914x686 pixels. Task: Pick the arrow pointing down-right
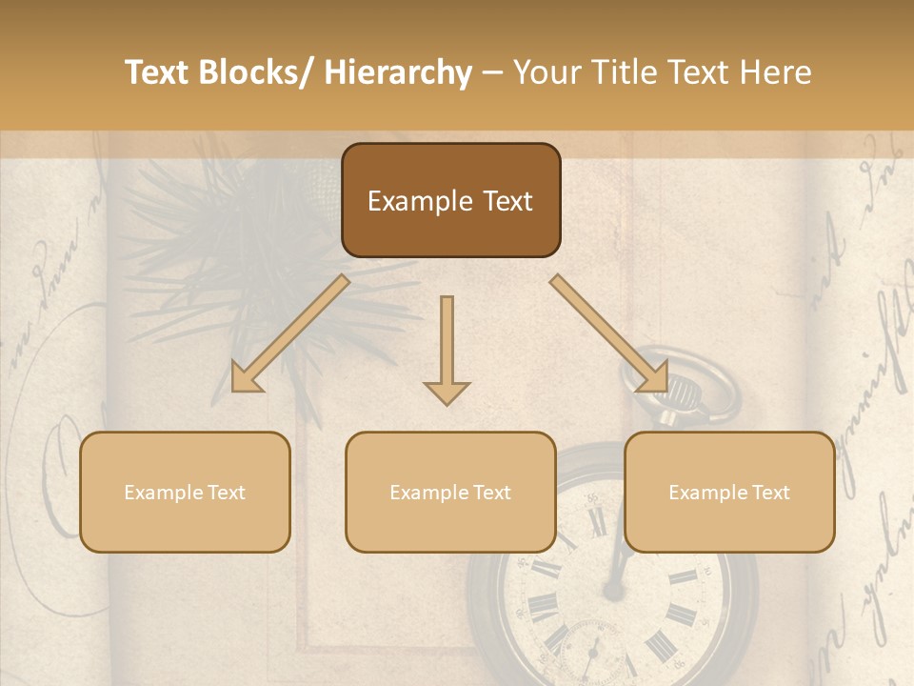pyautogui.click(x=609, y=334)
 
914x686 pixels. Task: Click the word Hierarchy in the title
pyautogui.click(x=397, y=72)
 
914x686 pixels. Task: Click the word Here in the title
pyautogui.click(x=776, y=72)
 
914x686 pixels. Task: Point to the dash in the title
pyautogui.click(x=492, y=73)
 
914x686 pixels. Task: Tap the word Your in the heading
pyautogui.click(x=546, y=72)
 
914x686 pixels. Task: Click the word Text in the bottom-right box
pyautogui.click(x=768, y=493)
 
